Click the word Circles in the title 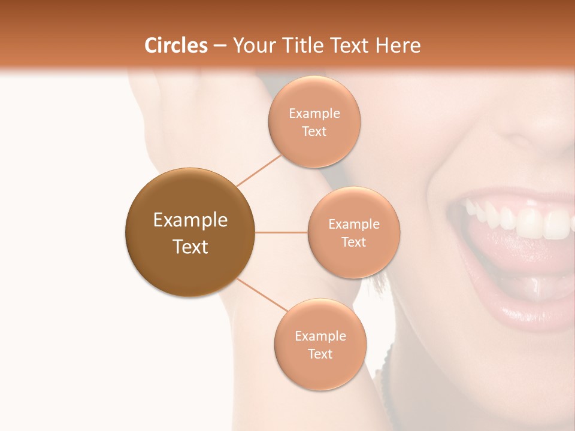pos(176,45)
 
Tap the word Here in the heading pos(398,45)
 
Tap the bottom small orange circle pos(320,371)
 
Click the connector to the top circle pos(259,170)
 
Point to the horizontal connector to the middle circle pos(282,232)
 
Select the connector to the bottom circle pos(262,295)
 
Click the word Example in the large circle pos(190,220)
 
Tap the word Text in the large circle pos(190,247)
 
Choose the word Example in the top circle pos(314,114)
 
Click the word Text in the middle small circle pos(353,242)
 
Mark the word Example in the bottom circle pos(320,336)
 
